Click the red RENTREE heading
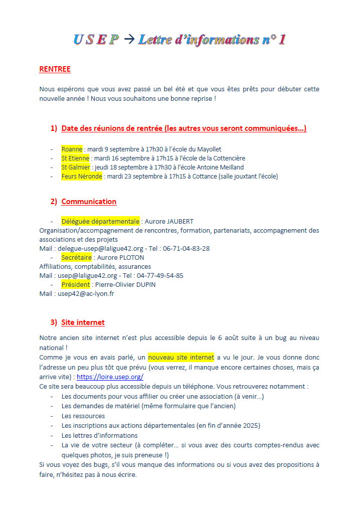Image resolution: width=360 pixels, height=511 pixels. (55, 69)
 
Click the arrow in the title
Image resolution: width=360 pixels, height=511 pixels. (129, 40)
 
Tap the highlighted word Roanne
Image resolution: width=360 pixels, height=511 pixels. (72, 149)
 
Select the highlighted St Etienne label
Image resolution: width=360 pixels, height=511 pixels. (75, 158)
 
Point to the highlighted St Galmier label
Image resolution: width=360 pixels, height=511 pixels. (76, 167)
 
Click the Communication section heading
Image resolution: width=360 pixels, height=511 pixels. (89, 202)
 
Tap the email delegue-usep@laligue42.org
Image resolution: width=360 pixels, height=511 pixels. (101, 248)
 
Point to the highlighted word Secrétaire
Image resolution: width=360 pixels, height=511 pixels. (77, 257)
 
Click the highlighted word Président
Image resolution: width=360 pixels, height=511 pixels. (76, 284)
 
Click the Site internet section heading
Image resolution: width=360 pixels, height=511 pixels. (83, 322)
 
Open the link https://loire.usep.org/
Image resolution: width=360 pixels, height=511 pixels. (110, 377)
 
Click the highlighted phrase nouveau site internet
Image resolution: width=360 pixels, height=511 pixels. (181, 358)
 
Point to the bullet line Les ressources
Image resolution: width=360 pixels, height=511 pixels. (83, 416)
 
